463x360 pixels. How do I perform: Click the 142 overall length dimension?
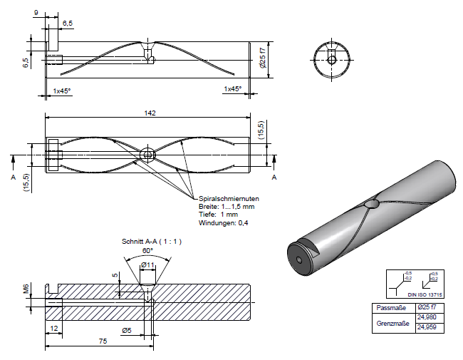coord(149,113)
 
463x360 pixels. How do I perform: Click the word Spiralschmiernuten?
coord(229,198)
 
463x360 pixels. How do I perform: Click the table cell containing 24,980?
coord(426,317)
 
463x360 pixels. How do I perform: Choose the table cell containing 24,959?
coord(426,327)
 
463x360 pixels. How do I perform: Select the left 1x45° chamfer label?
coord(62,91)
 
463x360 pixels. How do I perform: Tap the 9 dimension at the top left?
coord(36,13)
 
